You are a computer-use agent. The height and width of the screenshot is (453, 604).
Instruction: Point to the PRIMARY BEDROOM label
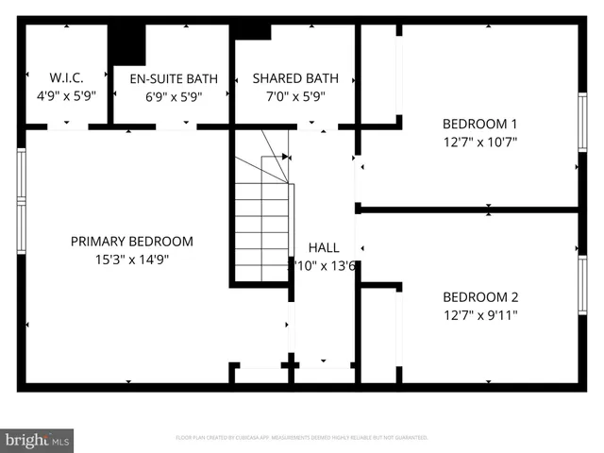[x=132, y=242]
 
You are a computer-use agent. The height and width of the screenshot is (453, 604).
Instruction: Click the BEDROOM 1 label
[x=480, y=124]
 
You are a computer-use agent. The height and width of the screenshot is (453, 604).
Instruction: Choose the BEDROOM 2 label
[x=480, y=296]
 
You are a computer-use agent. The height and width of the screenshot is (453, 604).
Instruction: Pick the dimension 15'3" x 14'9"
[x=132, y=260]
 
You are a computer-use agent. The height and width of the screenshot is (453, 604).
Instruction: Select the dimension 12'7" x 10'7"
[x=480, y=142]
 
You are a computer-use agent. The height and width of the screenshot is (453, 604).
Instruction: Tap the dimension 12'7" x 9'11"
[x=480, y=314]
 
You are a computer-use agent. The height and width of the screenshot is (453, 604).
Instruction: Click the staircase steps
[x=261, y=226]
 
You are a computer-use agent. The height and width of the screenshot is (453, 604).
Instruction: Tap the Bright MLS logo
[x=38, y=440]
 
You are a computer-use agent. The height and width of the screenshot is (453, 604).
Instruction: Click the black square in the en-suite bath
[x=126, y=43]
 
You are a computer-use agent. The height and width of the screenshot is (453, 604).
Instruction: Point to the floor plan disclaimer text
[x=301, y=438]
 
